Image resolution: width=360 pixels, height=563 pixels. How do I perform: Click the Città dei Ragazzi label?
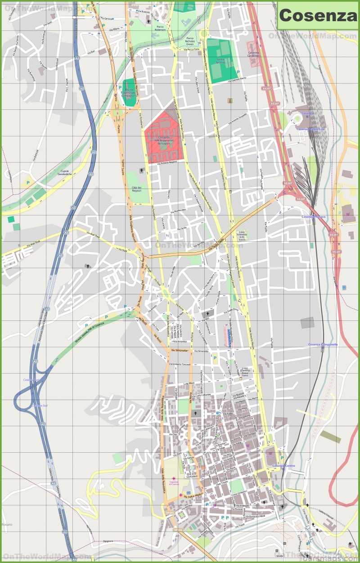point(134,189)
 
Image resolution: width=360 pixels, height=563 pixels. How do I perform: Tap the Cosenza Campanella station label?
point(323,345)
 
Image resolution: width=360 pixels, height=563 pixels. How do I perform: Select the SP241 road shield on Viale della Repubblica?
point(170,512)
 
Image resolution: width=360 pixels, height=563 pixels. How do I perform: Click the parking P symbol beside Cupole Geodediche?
point(28,183)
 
